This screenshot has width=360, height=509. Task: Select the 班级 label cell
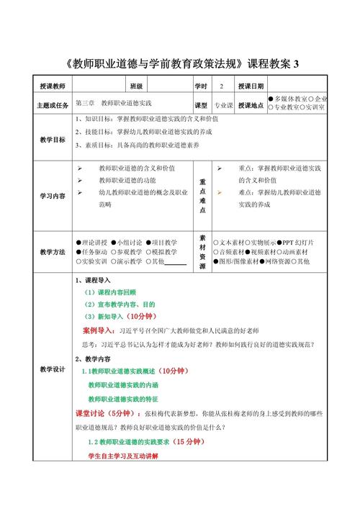(136, 86)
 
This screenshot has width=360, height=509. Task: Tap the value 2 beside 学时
(222, 86)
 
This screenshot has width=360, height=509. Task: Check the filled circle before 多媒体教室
(271, 99)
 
